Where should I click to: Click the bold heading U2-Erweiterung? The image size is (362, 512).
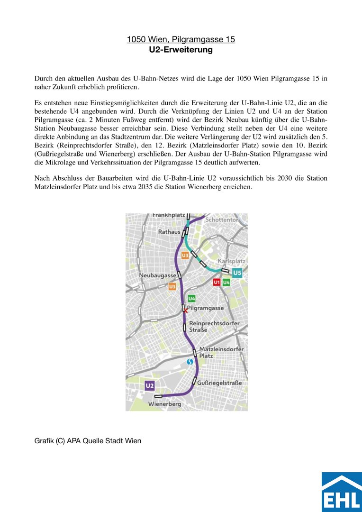[181, 50]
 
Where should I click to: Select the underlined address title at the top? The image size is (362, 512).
[181, 39]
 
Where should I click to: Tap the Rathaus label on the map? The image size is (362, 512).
[169, 232]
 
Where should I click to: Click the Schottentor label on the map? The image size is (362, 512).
[222, 220]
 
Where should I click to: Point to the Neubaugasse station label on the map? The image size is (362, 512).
[157, 275]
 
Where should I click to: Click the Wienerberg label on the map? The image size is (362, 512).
[164, 404]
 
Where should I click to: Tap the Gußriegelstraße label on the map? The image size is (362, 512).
[219, 383]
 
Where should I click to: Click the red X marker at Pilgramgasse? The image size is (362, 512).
[185, 310]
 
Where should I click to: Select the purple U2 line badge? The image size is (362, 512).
[150, 386]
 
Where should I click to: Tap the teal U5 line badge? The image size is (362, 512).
[237, 273]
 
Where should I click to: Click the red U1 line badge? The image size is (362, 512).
[217, 283]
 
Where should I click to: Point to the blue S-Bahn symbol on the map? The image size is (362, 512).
[190, 362]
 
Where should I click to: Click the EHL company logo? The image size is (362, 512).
[341, 492]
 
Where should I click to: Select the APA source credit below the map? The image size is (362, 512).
[88, 441]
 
